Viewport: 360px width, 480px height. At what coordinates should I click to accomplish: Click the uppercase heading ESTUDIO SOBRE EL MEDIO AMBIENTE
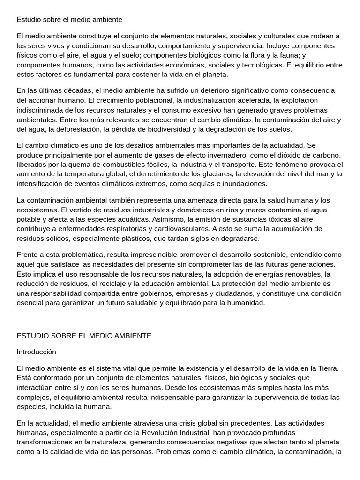point(84,336)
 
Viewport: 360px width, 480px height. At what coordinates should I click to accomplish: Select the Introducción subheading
point(36,352)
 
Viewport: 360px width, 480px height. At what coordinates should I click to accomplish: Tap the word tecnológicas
point(262,65)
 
